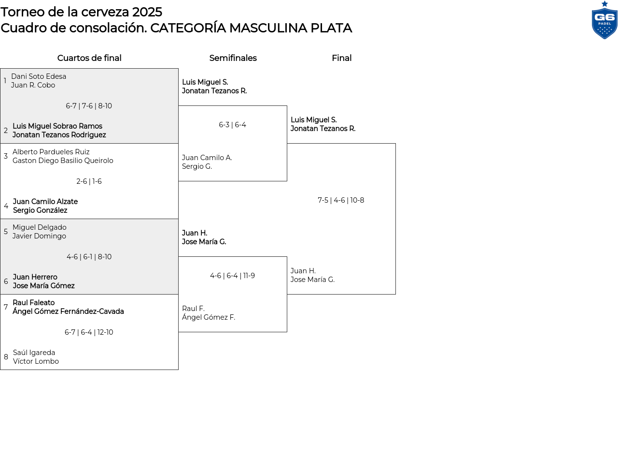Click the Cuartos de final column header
point(89,58)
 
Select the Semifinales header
point(233,58)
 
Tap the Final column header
point(341,58)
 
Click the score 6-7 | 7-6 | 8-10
point(89,106)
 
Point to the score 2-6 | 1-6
point(89,181)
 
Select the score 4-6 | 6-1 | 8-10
point(89,257)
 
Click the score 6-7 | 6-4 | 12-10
point(89,332)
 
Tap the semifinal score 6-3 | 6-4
point(232,125)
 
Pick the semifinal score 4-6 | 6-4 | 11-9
point(232,276)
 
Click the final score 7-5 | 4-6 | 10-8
point(341,200)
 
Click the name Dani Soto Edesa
point(39,76)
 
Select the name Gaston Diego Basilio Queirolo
point(63,161)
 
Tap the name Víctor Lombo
point(36,361)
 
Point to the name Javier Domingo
point(39,236)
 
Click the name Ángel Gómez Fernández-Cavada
point(68,311)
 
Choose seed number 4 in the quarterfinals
point(6,206)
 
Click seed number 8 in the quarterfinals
point(6,357)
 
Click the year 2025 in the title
point(147,12)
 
